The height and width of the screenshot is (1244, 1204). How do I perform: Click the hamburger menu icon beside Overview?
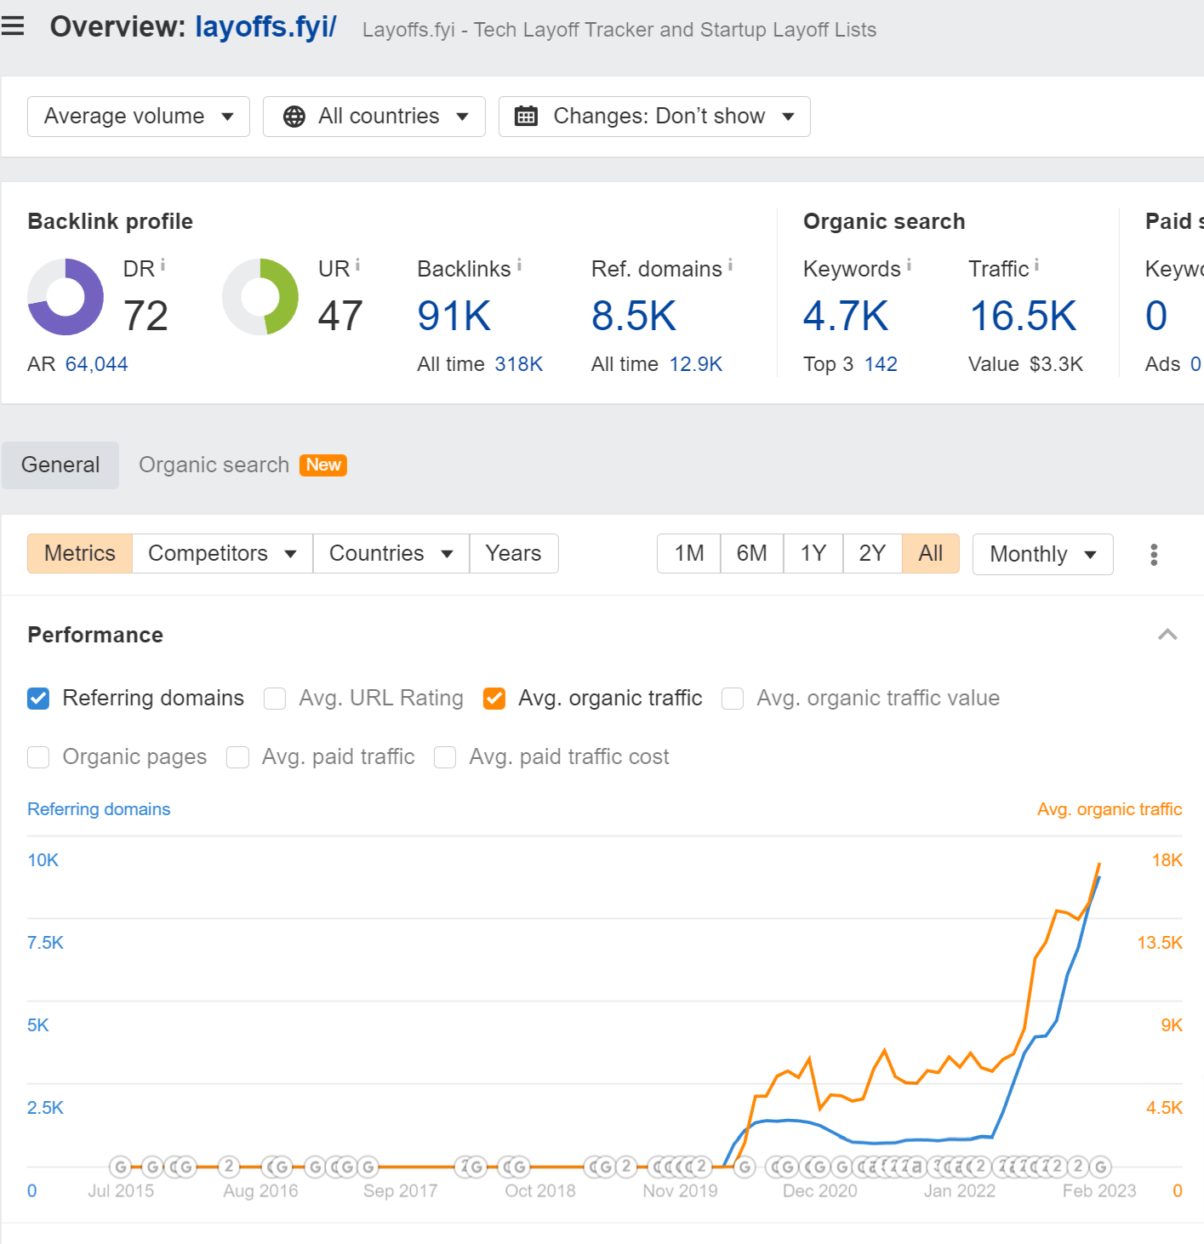tap(13, 26)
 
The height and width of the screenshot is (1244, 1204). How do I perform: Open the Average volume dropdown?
tap(138, 117)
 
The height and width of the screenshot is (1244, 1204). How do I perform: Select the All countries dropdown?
tap(374, 117)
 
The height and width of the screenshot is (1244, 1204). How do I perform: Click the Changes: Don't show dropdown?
tap(654, 117)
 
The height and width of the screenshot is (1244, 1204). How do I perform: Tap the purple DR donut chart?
tap(66, 297)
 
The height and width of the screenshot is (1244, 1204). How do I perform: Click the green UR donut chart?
tap(260, 297)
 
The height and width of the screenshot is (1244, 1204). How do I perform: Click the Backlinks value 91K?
tap(454, 316)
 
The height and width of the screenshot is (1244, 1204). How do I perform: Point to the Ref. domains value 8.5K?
tap(633, 316)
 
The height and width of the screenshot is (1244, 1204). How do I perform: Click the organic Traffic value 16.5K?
tap(1023, 316)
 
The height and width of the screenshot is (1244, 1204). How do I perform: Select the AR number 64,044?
tap(96, 364)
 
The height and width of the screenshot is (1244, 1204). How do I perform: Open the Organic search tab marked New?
tap(242, 465)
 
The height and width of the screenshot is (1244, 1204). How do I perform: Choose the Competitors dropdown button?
tap(222, 553)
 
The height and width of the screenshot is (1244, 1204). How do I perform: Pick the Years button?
tap(513, 553)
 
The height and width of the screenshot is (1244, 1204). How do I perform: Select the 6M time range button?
tap(751, 553)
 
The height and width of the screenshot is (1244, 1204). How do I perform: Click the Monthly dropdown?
tap(1042, 554)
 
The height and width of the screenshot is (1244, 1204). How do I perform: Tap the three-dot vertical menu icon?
tap(1154, 555)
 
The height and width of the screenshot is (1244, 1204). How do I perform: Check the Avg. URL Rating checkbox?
tap(275, 699)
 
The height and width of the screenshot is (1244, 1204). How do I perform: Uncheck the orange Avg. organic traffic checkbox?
tap(494, 699)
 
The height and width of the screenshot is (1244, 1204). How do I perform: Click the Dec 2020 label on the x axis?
tap(819, 1190)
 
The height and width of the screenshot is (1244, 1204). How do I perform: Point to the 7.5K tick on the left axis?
tap(45, 943)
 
